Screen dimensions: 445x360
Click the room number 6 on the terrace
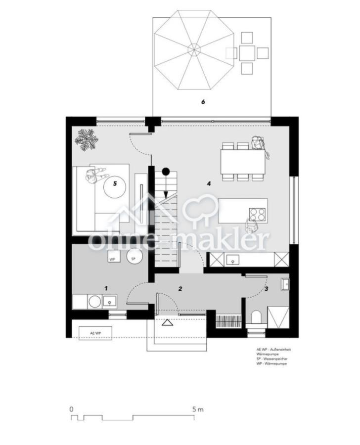pos(203,102)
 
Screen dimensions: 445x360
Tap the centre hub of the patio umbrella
pos(194,49)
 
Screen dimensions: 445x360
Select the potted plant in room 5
pos(87,139)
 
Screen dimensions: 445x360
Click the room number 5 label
pos(115,183)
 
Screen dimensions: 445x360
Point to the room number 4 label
pos(209,183)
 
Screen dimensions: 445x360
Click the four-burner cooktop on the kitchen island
pos(257,214)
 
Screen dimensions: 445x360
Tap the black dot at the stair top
pos(166,172)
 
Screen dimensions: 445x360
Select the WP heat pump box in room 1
pos(113,258)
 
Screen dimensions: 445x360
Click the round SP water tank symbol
pos(134,257)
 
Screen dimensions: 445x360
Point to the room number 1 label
pos(105,288)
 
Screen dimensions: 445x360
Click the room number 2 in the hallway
pos(180,288)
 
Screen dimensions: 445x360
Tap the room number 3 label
pos(266,288)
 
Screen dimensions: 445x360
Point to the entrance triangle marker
pos(167,323)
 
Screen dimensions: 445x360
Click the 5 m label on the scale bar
pos(198,409)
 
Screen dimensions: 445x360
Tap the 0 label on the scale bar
pos(72,409)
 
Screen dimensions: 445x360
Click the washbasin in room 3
pos(285,283)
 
